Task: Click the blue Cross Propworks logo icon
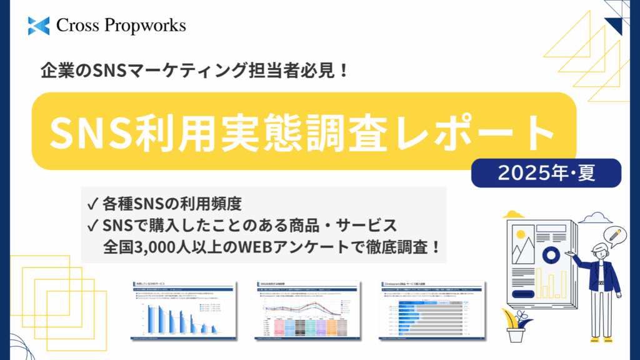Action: (x=38, y=26)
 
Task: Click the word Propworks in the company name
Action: (x=147, y=26)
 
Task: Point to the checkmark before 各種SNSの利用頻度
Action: (x=92, y=203)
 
